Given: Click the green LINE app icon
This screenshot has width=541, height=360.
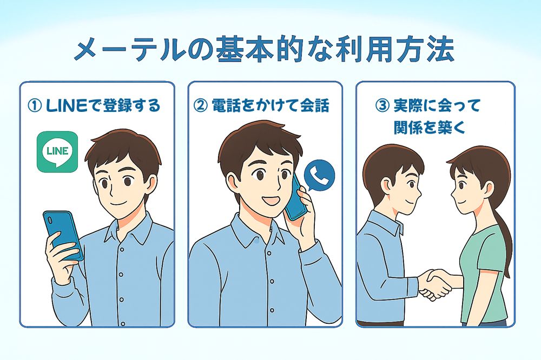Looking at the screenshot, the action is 57,152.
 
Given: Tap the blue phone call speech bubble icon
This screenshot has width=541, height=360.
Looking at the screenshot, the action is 320,175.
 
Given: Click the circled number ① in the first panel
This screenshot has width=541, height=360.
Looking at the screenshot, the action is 35,106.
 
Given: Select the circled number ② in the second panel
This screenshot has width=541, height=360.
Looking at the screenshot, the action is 201,106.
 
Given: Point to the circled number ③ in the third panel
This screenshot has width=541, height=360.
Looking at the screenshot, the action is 382,106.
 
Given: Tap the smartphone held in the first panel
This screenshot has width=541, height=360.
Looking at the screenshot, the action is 63,236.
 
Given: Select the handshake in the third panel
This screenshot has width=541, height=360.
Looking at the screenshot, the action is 435,283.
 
